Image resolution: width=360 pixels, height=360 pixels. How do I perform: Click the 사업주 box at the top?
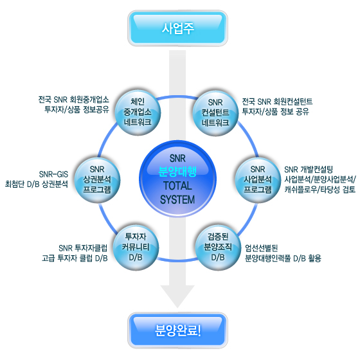click(x=177, y=28)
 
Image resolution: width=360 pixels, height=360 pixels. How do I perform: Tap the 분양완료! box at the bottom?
click(x=177, y=330)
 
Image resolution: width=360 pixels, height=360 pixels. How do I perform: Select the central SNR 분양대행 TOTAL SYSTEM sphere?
click(x=177, y=179)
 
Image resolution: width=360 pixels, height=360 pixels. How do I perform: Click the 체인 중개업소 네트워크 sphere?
click(x=138, y=112)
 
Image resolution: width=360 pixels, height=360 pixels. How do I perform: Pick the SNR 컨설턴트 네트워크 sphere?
click(x=215, y=113)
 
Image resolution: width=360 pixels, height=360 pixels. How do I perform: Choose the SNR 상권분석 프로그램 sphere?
click(x=97, y=180)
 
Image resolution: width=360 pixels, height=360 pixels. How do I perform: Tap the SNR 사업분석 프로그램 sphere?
click(x=258, y=180)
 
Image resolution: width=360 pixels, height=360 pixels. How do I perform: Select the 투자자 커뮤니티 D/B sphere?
click(x=136, y=247)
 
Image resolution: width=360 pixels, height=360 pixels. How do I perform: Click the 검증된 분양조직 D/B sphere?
click(x=218, y=247)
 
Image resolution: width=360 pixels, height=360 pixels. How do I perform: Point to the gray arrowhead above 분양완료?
click(x=177, y=296)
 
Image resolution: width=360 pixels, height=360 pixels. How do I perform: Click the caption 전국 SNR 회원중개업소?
click(x=73, y=100)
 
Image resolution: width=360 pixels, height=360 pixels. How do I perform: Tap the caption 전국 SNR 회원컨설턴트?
click(x=277, y=102)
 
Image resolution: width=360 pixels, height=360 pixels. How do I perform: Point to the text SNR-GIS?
click(x=53, y=174)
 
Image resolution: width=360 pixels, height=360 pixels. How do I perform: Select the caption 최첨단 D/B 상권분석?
click(x=37, y=184)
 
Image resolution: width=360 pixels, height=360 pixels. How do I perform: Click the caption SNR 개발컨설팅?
click(x=309, y=170)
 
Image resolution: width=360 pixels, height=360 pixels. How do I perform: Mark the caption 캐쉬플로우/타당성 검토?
click(x=320, y=190)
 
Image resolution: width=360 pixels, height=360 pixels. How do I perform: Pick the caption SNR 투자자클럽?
click(x=83, y=248)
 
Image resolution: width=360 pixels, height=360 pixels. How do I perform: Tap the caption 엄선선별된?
click(x=262, y=248)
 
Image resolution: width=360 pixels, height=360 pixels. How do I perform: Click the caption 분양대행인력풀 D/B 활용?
click(x=283, y=258)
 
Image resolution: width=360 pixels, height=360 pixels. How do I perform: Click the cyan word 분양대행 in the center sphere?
click(x=177, y=171)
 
